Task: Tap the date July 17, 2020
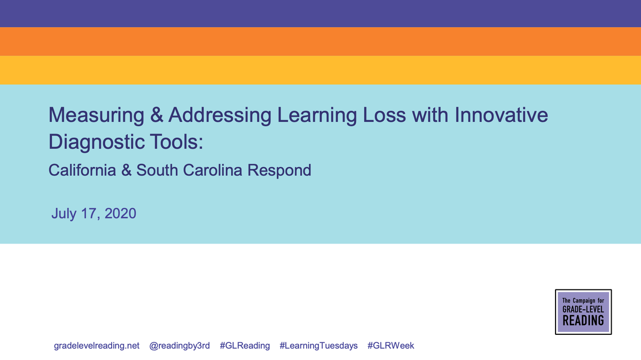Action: click(93, 214)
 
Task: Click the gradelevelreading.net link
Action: click(97, 346)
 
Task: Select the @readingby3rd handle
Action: click(179, 346)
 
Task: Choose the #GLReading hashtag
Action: click(245, 346)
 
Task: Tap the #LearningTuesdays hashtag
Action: click(318, 346)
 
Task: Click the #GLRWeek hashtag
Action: click(390, 346)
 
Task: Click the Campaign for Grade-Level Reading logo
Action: click(583, 312)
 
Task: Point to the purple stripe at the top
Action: click(320, 13)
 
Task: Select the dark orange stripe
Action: click(320, 42)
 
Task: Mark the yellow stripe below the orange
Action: click(320, 70)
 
